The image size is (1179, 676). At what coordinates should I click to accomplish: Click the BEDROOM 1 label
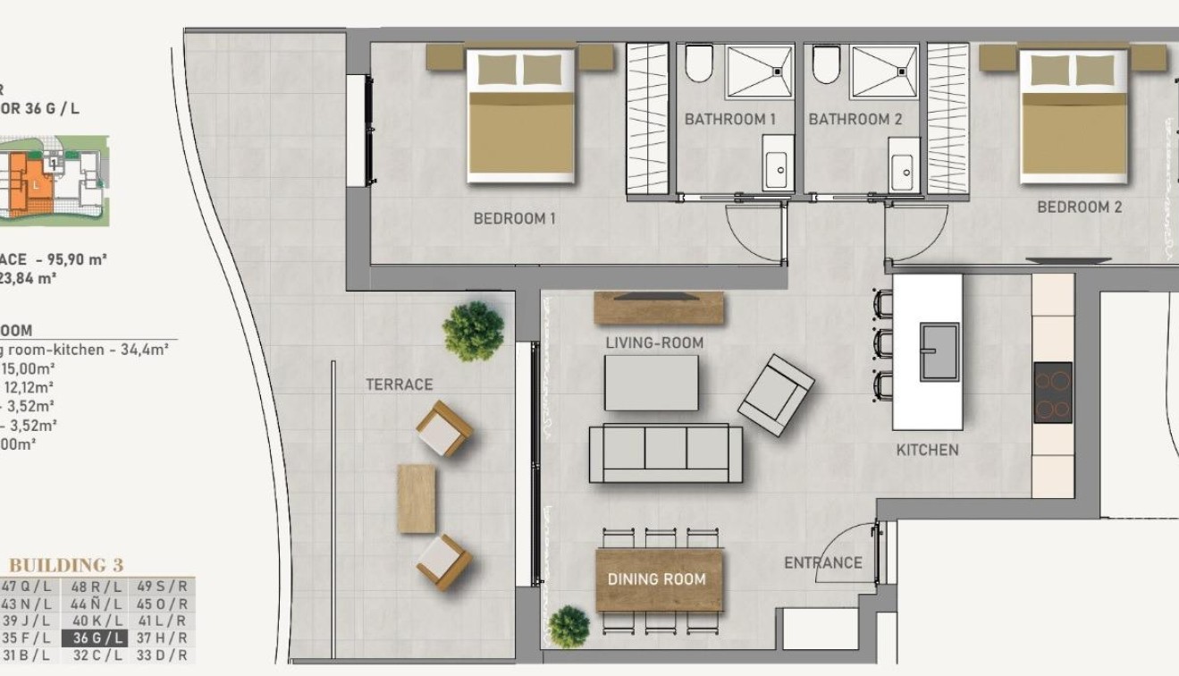514,218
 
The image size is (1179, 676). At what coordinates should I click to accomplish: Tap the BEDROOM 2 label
1079,207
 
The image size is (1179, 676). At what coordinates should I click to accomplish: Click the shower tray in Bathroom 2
883,72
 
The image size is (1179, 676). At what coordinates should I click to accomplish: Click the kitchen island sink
939,351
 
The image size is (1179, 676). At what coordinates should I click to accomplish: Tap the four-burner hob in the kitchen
1053,392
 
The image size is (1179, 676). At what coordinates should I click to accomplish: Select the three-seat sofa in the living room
666,452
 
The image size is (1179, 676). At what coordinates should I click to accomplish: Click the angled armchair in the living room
776,395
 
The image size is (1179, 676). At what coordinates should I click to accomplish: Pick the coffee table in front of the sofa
652,383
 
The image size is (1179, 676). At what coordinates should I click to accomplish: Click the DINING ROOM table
658,579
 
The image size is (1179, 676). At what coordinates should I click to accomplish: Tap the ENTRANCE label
822,563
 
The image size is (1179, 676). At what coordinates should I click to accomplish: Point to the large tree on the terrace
473,330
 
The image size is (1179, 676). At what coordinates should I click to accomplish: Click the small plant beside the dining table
568,626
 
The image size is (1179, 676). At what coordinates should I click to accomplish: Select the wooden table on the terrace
417,499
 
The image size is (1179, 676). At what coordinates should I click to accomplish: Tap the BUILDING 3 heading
66,565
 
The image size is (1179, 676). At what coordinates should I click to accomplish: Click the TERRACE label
399,384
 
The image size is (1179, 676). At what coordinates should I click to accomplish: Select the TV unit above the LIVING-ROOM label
659,308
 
